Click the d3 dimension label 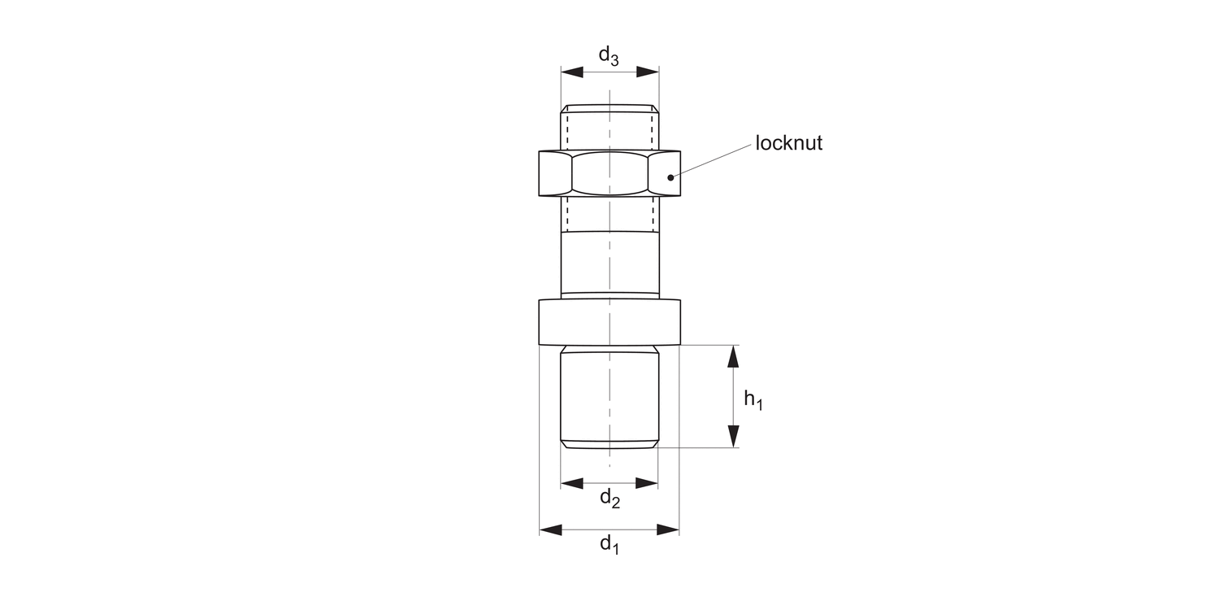[609, 56]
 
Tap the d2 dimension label [610, 498]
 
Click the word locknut [789, 144]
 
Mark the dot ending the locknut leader [670, 176]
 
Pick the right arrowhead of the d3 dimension [648, 72]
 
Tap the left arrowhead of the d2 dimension [571, 483]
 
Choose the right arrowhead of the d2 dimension [647, 483]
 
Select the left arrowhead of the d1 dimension [550, 530]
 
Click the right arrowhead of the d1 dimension [669, 530]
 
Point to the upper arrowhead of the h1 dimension [733, 356]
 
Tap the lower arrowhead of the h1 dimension [733, 437]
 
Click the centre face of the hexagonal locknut [609, 173]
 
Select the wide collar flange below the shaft [609, 322]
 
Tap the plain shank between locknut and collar [609, 262]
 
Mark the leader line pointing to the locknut [711, 161]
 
